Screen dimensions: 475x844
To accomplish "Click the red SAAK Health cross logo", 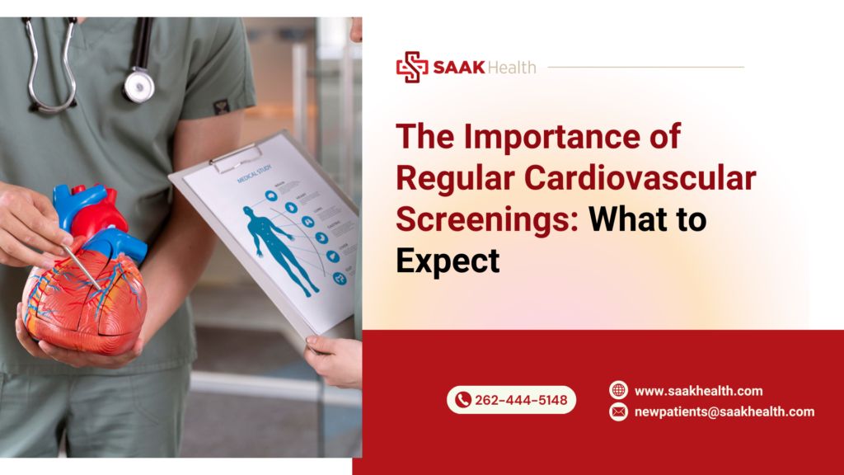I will (x=411, y=67).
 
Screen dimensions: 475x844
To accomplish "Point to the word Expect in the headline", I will (x=448, y=261).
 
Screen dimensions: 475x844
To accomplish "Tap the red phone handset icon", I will (x=463, y=400).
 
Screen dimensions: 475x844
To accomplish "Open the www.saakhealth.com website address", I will (x=698, y=391).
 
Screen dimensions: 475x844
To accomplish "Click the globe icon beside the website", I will (x=618, y=390).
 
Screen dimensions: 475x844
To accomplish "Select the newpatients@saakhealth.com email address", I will (x=724, y=412).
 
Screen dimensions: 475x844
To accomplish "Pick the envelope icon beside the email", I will (x=618, y=412).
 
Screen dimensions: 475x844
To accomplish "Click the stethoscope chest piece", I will (x=139, y=85).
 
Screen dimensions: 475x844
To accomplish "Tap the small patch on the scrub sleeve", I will (x=221, y=106).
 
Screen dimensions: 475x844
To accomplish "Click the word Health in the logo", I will (x=511, y=67).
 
